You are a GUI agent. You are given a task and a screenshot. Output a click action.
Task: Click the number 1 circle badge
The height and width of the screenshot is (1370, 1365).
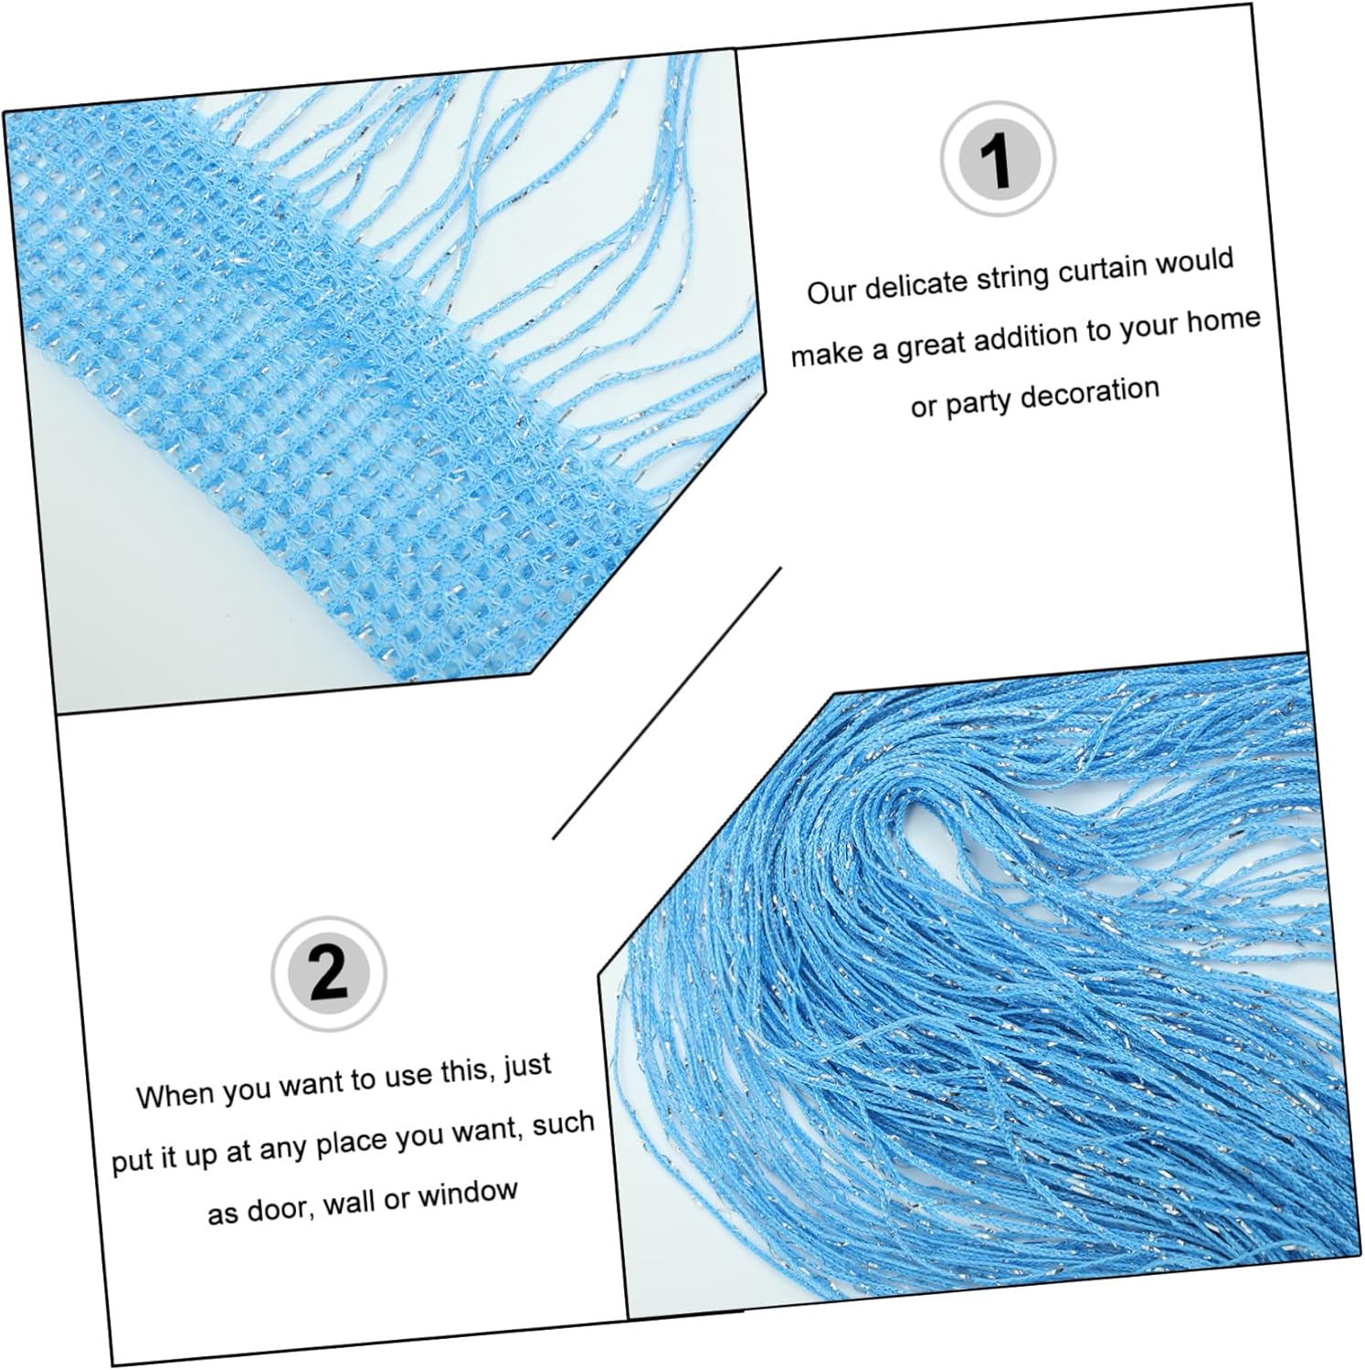point(998,159)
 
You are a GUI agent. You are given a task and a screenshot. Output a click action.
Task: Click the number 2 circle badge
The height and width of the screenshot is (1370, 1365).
point(329,974)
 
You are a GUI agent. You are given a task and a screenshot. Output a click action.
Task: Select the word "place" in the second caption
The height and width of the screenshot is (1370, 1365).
point(344,1142)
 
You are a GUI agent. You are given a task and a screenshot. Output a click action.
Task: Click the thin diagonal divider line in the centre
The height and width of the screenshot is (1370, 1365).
point(667,701)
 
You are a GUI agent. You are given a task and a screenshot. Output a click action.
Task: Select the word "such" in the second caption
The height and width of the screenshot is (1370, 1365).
point(564,1122)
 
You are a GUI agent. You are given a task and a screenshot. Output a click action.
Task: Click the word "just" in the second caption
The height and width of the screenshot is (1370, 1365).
point(527,1068)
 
